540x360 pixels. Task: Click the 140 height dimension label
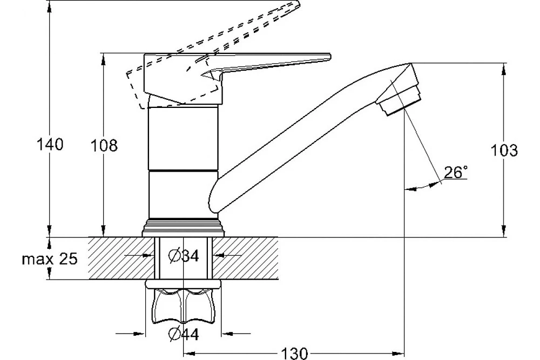[x=50, y=145]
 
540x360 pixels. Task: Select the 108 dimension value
[x=104, y=146]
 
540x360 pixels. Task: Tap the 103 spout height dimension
[x=504, y=151]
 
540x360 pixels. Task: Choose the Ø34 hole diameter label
[x=184, y=255]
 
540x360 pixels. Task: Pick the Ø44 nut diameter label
[x=184, y=334]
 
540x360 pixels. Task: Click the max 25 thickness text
[x=50, y=259]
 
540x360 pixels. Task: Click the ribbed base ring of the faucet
[x=183, y=228]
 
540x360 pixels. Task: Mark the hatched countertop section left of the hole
[x=121, y=258]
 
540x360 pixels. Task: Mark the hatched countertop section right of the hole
[x=245, y=258]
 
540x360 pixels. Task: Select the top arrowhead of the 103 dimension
[x=504, y=68]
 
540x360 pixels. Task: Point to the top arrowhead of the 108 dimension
[x=103, y=58]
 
